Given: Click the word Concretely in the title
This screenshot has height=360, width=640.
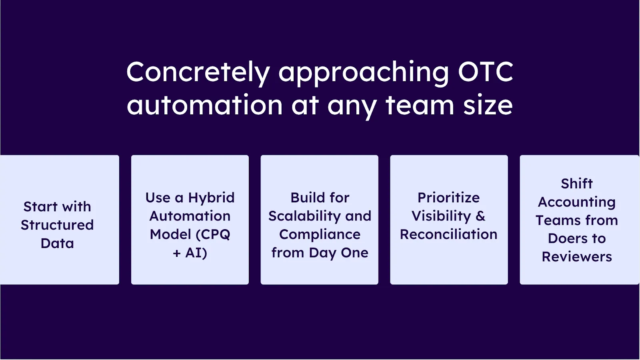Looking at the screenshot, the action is click(198, 72).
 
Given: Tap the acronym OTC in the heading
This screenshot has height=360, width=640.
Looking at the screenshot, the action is click(485, 72).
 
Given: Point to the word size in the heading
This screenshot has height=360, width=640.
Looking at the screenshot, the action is click(488, 105).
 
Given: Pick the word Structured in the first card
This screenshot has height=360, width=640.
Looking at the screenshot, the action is click(57, 225).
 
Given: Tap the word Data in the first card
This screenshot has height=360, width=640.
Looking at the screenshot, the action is click(57, 243).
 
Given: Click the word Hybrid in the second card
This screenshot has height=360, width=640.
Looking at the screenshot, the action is click(211, 198).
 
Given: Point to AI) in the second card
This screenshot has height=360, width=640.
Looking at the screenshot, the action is click(196, 253).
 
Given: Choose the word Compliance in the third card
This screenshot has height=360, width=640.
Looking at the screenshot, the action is click(320, 234).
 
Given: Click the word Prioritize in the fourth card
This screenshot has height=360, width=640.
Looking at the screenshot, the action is click(448, 198).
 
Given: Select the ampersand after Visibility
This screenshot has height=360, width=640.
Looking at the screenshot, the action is click(480, 216).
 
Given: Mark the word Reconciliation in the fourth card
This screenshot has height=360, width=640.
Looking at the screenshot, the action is click(448, 234).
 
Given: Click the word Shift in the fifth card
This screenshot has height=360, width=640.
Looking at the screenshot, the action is click(576, 184).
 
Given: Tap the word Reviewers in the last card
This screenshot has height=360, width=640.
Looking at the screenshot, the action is click(576, 257).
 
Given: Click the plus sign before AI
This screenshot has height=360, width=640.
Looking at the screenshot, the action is click(177, 253).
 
